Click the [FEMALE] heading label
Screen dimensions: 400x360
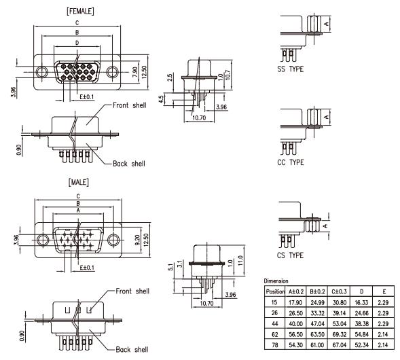[x=80, y=12]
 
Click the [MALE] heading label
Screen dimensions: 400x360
[x=79, y=182]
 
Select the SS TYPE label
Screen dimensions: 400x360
[x=290, y=69]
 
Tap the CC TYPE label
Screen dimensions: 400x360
[x=291, y=162]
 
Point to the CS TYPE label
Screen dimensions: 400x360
[x=290, y=255]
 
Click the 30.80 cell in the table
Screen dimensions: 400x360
[x=340, y=302]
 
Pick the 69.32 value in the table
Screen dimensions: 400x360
[x=340, y=334]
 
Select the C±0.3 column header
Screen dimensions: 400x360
[x=339, y=291]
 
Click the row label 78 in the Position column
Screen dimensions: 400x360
[x=274, y=345]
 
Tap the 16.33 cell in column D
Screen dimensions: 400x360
[x=361, y=302]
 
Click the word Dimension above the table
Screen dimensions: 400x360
[x=276, y=281]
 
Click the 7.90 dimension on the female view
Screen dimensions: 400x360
[x=135, y=72]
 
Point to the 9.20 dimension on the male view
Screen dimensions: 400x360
[x=137, y=240]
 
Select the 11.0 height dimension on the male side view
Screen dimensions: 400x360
[x=240, y=261]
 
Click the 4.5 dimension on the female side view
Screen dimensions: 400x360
[x=161, y=99]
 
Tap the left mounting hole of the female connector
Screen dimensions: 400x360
[x=41, y=72]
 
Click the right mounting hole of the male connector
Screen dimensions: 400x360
[x=113, y=240]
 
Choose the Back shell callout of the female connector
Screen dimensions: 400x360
[x=129, y=164]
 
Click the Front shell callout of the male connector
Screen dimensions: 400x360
[x=132, y=291]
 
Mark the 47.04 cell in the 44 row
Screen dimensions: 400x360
[x=318, y=324]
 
